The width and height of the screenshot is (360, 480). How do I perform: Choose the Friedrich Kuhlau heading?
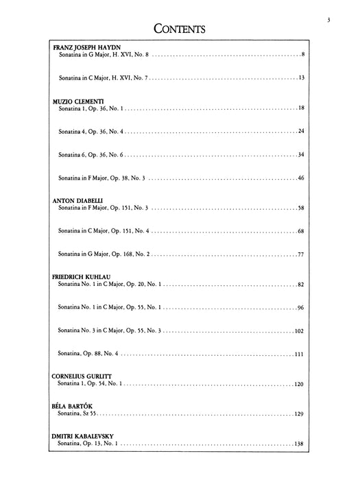pos(86,276)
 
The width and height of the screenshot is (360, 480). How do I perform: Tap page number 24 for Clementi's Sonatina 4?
pos(300,130)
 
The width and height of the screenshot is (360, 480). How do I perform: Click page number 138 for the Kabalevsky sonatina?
pos(299,444)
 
